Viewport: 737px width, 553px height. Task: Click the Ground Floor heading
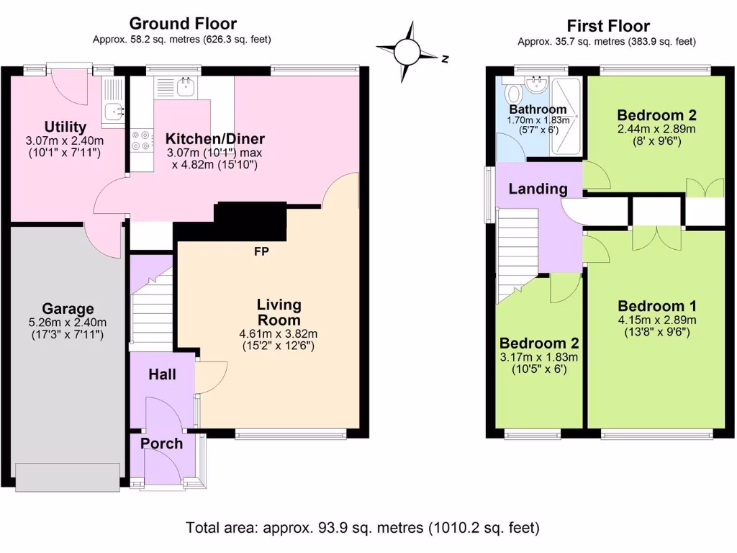(182, 24)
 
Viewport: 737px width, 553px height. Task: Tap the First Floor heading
(608, 27)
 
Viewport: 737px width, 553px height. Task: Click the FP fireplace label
(262, 252)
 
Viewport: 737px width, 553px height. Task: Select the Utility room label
(65, 127)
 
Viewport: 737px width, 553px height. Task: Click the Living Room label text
(279, 313)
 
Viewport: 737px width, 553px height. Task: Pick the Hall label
(162, 374)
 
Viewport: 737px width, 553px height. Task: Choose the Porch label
(162, 444)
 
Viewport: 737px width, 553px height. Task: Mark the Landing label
(538, 189)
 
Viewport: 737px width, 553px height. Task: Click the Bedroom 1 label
(656, 305)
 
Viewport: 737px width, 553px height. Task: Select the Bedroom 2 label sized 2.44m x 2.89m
(656, 115)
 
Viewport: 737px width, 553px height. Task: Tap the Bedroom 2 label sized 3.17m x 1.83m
(539, 343)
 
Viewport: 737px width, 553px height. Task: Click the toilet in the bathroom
(513, 94)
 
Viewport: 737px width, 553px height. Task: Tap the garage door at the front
(68, 477)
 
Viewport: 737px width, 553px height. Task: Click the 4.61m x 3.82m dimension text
(279, 334)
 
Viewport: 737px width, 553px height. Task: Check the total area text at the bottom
(363, 528)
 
